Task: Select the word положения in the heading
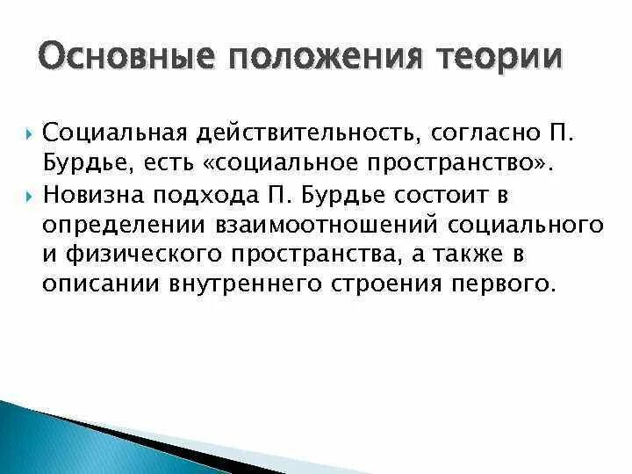point(314,60)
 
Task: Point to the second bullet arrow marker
point(29,195)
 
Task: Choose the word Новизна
point(94,194)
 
